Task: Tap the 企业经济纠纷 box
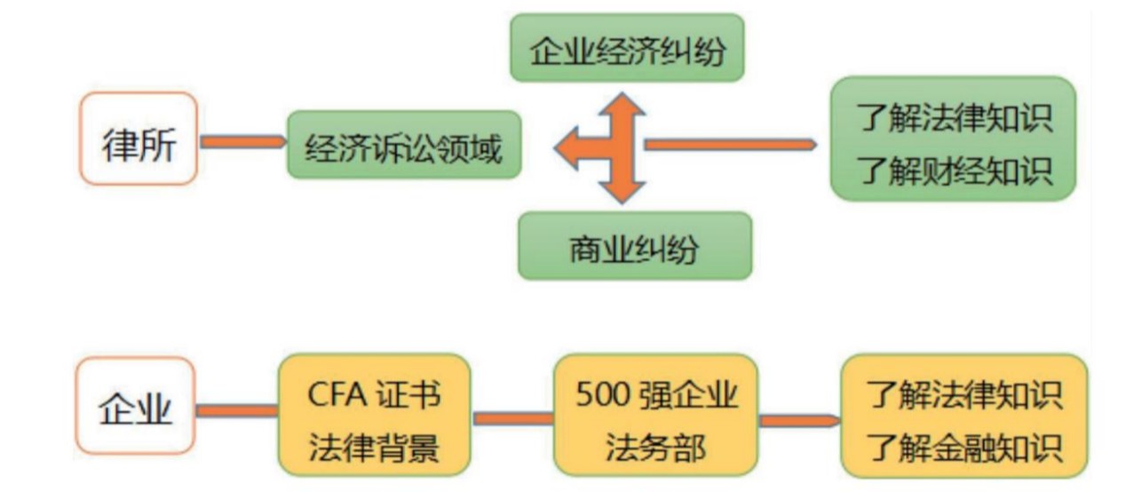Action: click(x=626, y=49)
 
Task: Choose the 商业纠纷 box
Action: click(x=634, y=246)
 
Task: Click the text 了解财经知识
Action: click(x=956, y=169)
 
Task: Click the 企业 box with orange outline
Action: click(x=135, y=410)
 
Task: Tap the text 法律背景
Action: click(x=374, y=447)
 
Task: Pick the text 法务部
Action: click(x=656, y=447)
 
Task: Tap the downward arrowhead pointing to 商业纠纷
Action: click(x=621, y=187)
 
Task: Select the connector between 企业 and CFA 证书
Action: click(x=236, y=410)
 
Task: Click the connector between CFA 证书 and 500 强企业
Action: click(x=512, y=417)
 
